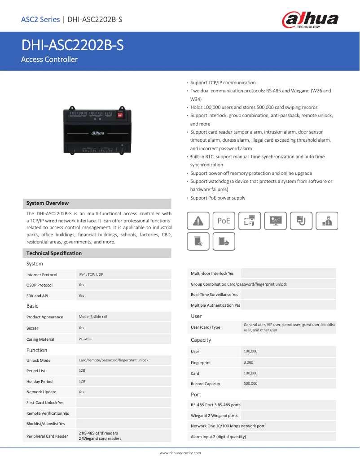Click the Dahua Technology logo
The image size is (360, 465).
click(310, 20)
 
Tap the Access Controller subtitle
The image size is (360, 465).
click(49, 59)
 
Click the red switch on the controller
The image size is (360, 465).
click(120, 115)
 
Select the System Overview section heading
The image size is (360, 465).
click(48, 203)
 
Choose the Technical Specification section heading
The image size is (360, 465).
click(54, 253)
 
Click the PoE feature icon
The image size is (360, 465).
click(224, 221)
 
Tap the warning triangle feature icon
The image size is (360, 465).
click(198, 221)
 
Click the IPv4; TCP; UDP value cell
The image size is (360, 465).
click(91, 274)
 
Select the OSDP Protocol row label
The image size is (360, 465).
click(40, 285)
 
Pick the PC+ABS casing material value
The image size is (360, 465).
click(85, 339)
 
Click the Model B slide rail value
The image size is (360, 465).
click(93, 317)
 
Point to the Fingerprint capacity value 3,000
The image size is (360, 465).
click(248, 362)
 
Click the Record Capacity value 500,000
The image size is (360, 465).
click(250, 383)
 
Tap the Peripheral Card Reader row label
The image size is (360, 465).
click(47, 436)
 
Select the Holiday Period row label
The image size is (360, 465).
click(40, 382)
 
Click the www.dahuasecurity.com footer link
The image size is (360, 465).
click(180, 453)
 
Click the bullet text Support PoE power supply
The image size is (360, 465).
click(218, 198)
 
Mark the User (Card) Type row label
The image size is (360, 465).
click(206, 327)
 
